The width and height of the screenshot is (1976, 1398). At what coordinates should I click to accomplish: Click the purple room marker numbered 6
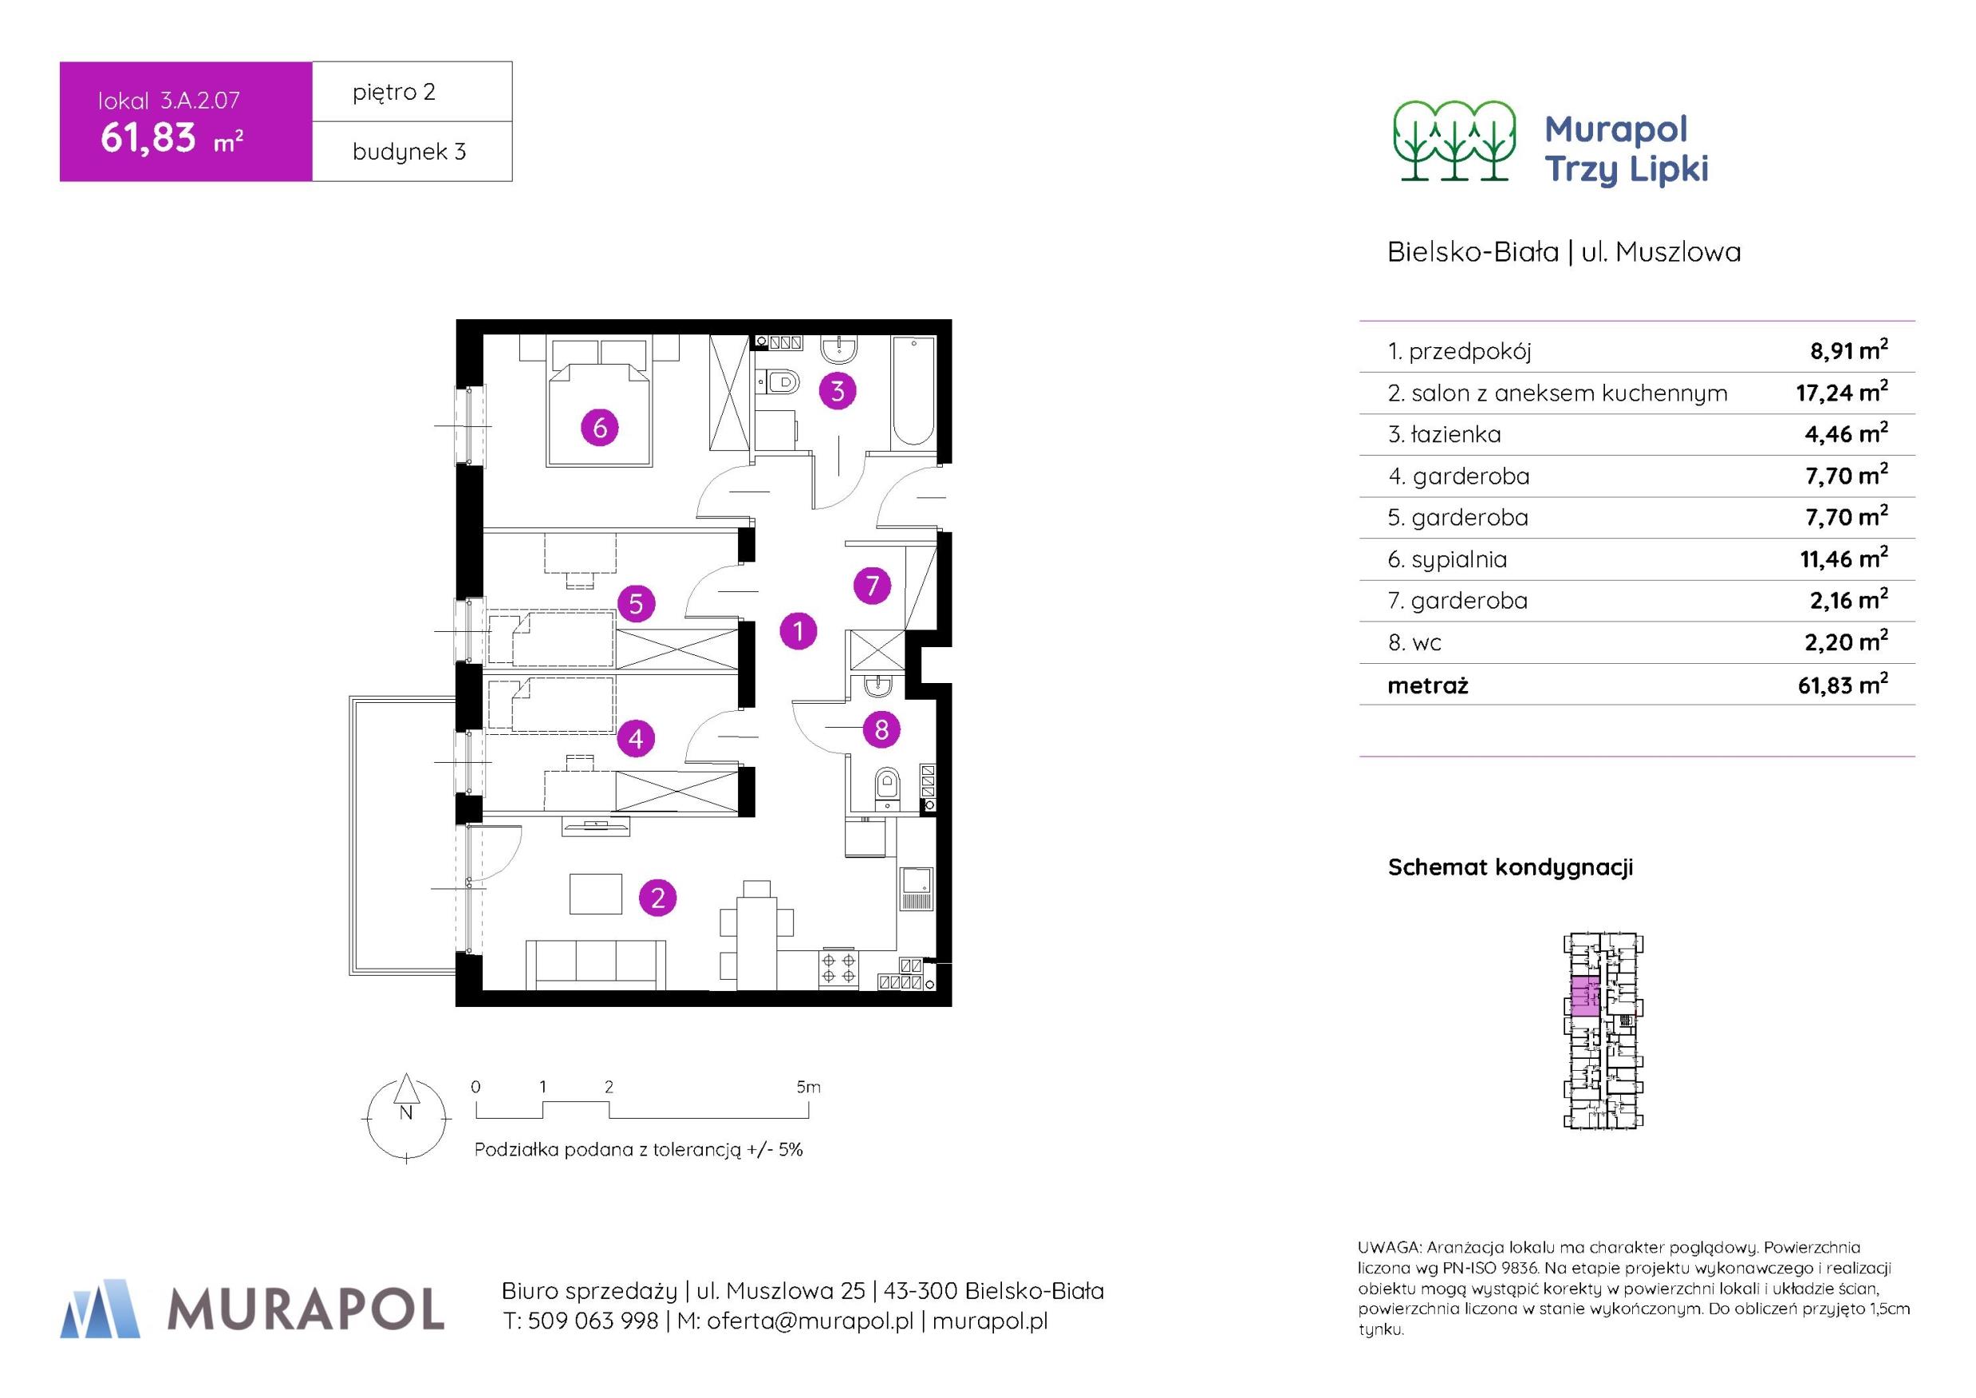coord(600,427)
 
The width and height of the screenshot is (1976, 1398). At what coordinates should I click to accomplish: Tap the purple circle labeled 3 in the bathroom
coord(838,392)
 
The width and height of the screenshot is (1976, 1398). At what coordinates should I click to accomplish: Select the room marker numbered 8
coord(882,730)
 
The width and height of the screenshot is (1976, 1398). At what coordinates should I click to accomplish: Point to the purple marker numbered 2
coord(657,898)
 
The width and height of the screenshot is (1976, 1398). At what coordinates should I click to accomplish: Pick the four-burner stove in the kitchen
coord(839,970)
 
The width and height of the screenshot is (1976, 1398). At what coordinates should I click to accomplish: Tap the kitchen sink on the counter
coord(916,888)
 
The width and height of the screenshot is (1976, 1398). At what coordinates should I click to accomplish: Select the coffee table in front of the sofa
coord(596,894)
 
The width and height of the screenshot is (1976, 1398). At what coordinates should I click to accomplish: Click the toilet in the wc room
coord(886,789)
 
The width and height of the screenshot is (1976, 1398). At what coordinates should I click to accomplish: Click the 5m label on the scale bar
coord(808,1088)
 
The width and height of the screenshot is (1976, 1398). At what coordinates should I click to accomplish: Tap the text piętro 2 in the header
coord(394,92)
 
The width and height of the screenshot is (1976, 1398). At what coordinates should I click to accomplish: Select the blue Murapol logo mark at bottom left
coord(100,1309)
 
